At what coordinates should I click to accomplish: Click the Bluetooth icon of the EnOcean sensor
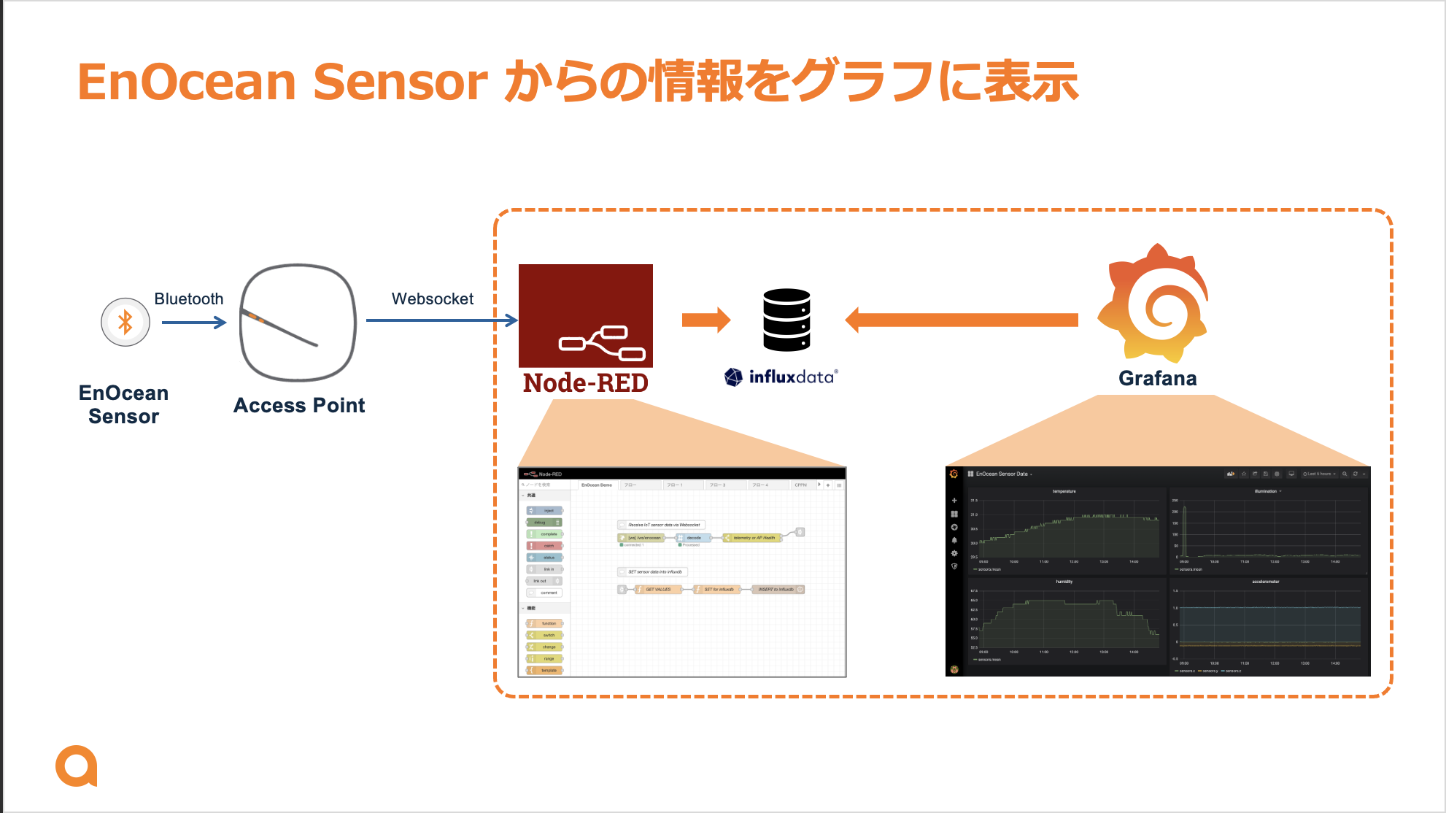coord(125,322)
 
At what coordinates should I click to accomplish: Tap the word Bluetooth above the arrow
coord(189,299)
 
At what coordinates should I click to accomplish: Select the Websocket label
coord(432,299)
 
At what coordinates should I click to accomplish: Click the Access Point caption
coord(299,406)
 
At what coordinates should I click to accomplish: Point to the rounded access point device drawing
coord(298,322)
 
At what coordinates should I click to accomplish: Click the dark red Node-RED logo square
coord(586,315)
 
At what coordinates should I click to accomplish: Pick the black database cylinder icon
coord(786,320)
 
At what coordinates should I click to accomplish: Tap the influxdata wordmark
coord(791,377)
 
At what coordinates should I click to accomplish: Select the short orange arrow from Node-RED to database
coord(705,320)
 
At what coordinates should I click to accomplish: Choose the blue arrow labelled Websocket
coord(441,320)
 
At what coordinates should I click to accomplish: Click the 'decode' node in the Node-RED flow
coord(693,538)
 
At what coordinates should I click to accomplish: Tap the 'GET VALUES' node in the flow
coord(657,590)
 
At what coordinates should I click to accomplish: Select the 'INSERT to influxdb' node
coord(776,590)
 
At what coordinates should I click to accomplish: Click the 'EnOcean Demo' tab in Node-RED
coord(597,485)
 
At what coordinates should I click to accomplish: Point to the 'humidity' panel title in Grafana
coord(1064,582)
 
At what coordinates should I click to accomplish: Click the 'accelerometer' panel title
coord(1265,582)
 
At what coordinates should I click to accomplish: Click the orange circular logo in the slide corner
coord(76,766)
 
